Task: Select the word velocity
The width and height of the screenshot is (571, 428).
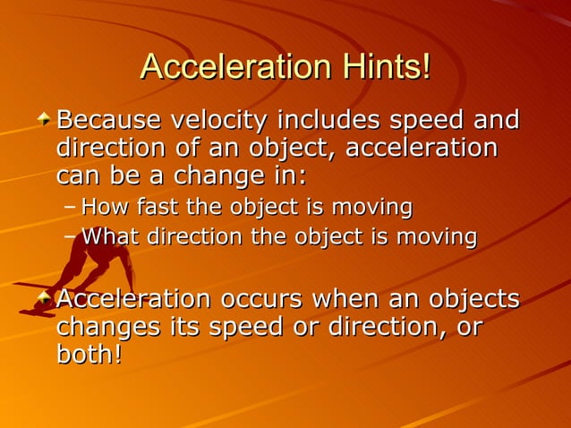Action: (x=220, y=119)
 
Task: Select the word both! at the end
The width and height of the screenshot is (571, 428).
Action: (x=89, y=355)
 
